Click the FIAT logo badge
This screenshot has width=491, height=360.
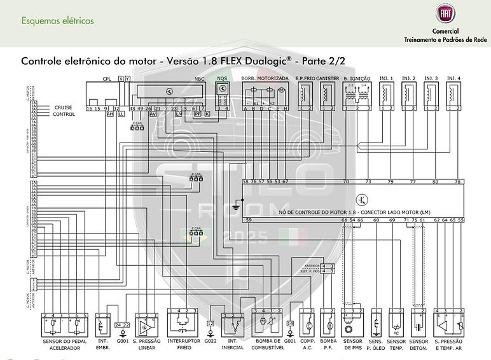tap(443, 15)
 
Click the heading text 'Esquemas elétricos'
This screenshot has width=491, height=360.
tap(57, 20)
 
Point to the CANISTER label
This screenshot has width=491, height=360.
tap(328, 78)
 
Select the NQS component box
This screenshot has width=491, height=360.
tap(222, 94)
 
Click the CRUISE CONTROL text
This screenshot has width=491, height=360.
tap(64, 111)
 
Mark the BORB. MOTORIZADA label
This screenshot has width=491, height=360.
tap(265, 78)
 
